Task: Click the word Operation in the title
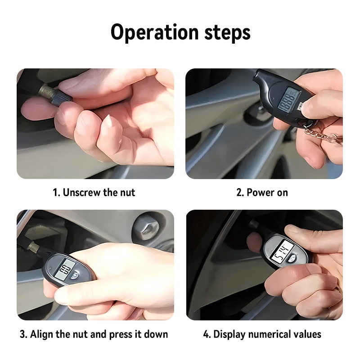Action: pos(154,32)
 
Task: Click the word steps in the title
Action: pos(227,32)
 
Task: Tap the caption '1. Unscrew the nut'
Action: pos(94,193)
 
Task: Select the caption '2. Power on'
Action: pos(262,193)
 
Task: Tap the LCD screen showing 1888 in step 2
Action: pos(289,99)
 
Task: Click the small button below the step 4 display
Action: pos(292,259)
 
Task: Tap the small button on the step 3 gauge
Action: pos(75,275)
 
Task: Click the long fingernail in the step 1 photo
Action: pos(110,121)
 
